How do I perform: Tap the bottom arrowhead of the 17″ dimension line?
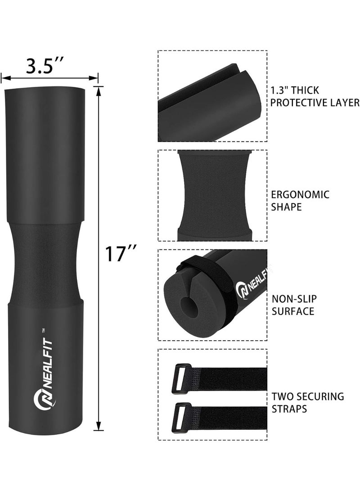pos(99,427)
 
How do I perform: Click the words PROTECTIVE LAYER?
pos(315,103)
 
